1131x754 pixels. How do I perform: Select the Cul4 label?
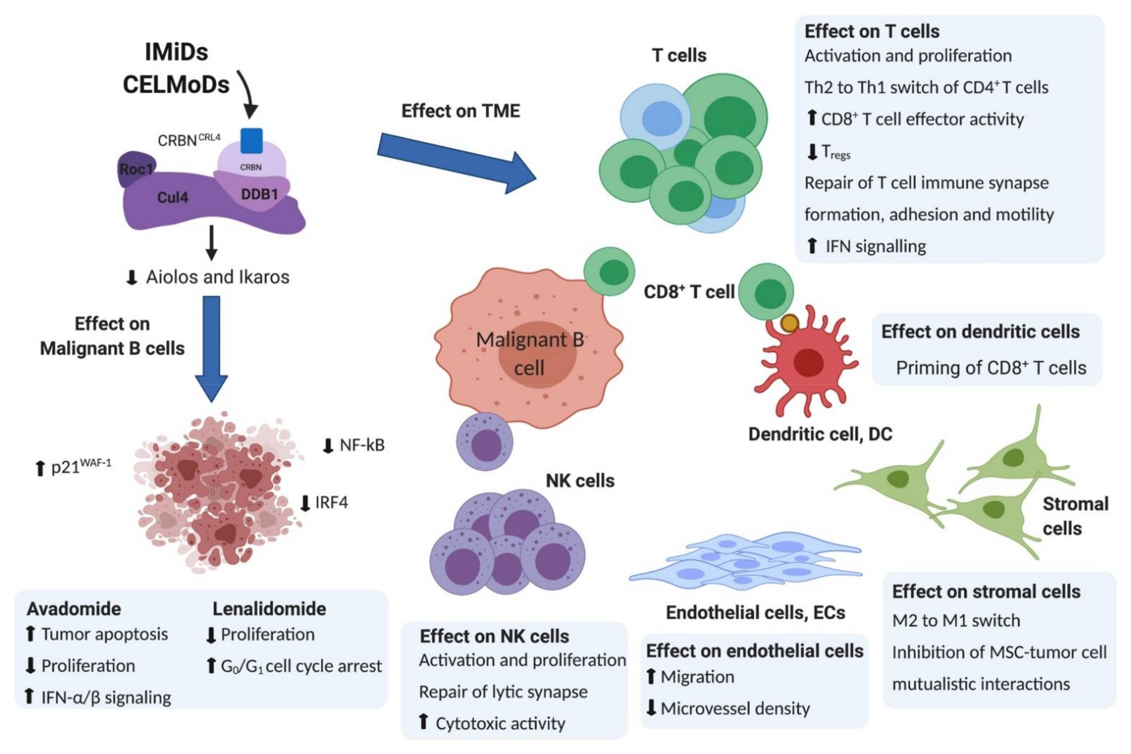173,197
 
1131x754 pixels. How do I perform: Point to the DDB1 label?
259,194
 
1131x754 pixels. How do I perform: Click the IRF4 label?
331,502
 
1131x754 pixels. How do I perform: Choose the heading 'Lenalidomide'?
269,609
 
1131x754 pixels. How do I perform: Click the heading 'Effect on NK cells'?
494,636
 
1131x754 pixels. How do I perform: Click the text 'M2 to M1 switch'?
956,620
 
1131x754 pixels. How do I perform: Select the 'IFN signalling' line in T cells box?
876,246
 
